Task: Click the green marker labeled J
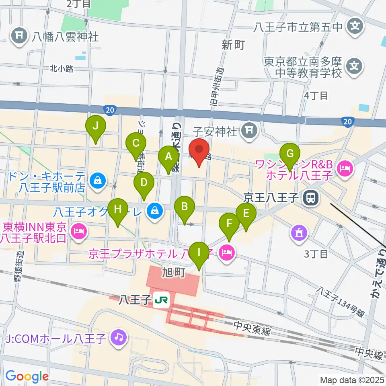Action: tap(95, 126)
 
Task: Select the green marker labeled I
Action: tap(198, 253)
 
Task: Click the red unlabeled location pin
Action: tap(199, 149)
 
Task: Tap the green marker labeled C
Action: tap(136, 144)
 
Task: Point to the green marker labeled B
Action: tap(185, 207)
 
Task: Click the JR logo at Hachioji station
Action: tap(163, 300)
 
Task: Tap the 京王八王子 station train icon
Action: tap(310, 197)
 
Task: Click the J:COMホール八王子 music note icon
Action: tap(118, 336)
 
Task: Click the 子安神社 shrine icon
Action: tap(249, 130)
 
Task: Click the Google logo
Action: tap(27, 377)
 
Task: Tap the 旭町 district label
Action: tap(174, 273)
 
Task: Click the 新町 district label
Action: tap(233, 45)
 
